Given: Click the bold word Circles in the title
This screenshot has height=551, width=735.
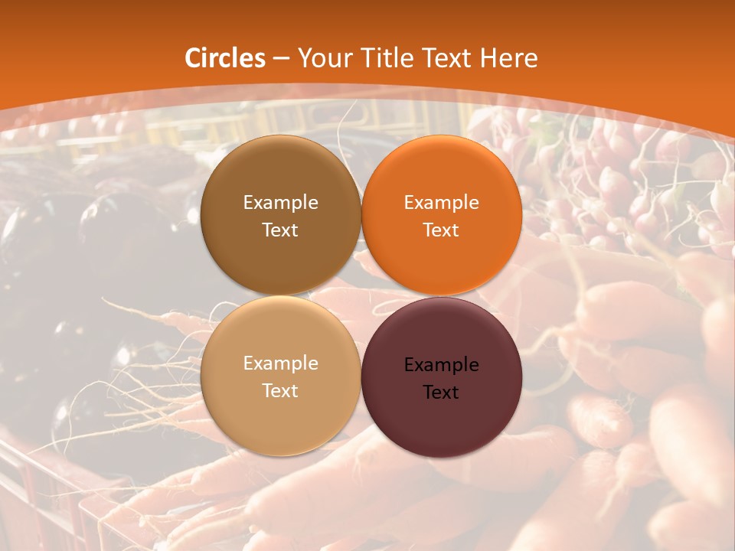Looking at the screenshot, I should tap(225, 58).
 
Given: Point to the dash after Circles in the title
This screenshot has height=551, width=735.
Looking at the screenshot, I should tap(281, 59).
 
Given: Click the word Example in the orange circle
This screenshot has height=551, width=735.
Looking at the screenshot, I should tap(441, 203).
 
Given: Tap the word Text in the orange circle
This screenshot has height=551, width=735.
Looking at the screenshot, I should tap(441, 230).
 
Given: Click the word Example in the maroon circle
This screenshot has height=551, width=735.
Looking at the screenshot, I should tap(441, 365).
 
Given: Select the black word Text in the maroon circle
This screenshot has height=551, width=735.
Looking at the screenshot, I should tap(441, 393).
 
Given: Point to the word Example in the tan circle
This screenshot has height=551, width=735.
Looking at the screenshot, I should tap(280, 364).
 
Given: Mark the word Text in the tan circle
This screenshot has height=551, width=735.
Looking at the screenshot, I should tap(280, 391).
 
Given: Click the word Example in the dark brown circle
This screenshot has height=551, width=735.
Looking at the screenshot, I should tap(280, 203).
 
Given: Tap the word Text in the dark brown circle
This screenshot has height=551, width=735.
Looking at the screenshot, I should tap(280, 230).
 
